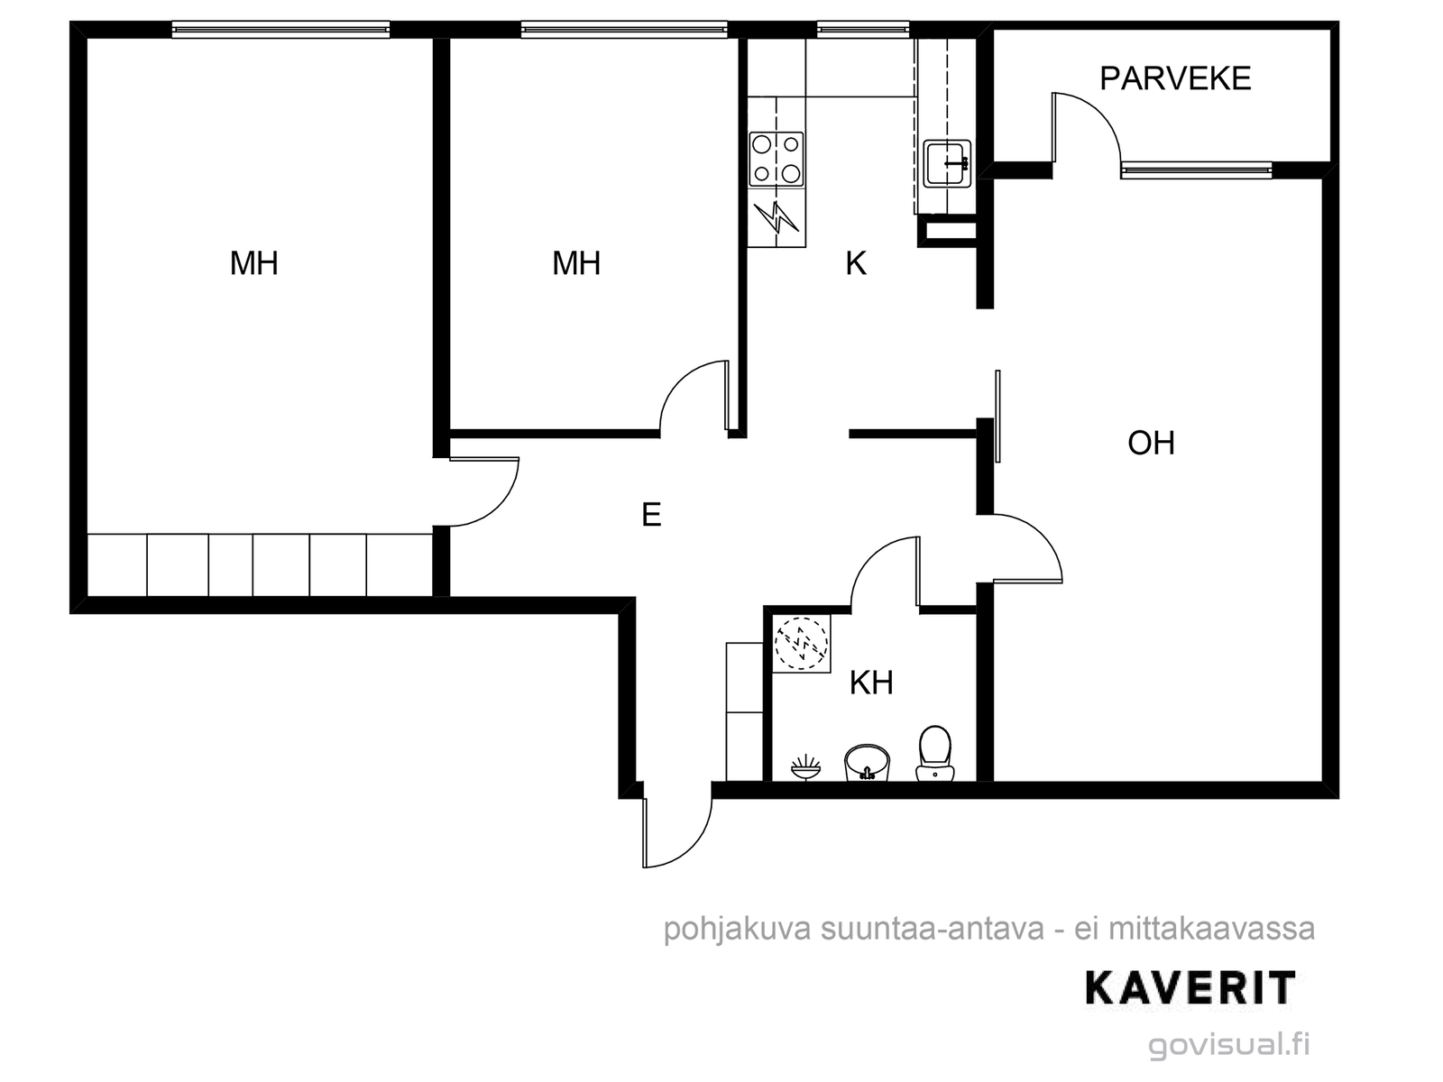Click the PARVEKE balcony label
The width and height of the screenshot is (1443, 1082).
coord(1175,78)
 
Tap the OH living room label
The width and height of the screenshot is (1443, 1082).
coord(1151,443)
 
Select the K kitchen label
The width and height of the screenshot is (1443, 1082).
coord(856,263)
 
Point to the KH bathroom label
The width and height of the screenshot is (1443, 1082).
coord(871,683)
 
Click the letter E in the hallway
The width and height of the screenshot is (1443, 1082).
coord(651,514)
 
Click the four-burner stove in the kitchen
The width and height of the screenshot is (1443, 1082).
coord(777,159)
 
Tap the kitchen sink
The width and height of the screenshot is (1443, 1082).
coord(947,163)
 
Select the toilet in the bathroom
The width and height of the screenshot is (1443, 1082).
coord(935,753)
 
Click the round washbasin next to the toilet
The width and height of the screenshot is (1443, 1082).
coord(867,763)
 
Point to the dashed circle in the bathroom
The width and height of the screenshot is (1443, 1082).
coord(802,644)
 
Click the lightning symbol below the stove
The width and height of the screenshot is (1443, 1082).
coord(777,216)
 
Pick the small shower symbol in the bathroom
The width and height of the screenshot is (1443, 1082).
coord(806,767)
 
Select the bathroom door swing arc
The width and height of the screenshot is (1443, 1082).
coord(867,555)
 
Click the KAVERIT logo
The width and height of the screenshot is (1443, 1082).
coord(1190,988)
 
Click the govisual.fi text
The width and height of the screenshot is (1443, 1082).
coord(1228,1044)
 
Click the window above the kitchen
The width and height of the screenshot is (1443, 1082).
coord(863,30)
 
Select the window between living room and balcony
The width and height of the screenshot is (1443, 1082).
coord(1197,170)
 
